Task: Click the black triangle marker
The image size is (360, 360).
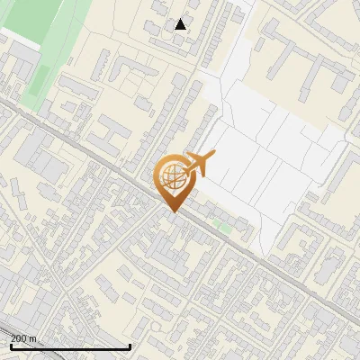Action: point(181,24)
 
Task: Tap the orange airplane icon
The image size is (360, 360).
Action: point(200,165)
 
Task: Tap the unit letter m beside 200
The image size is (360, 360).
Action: point(33,338)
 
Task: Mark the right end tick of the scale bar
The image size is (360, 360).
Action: point(130,345)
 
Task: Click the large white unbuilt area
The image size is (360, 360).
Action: point(270,153)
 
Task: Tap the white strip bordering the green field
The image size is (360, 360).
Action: point(18,36)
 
